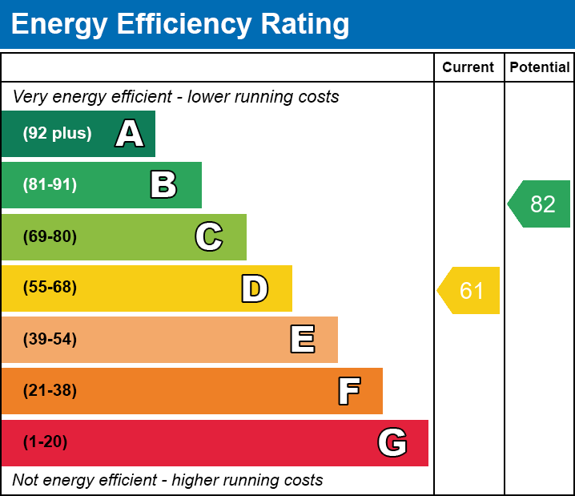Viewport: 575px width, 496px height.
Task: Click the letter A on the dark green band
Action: coord(130,134)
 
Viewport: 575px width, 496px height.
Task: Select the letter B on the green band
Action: coord(163,185)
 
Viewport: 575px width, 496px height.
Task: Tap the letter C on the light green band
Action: coord(209,236)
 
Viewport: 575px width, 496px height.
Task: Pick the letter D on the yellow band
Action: coord(255,288)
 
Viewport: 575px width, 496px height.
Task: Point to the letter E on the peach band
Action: coord(302,340)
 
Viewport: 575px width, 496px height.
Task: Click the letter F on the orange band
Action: coord(348,391)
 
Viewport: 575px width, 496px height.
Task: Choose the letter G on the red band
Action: coord(392,442)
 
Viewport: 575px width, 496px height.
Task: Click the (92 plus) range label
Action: coord(57,134)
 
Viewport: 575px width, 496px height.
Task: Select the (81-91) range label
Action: coord(50,185)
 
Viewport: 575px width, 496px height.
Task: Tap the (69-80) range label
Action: coord(50,236)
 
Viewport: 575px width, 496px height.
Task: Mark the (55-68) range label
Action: coord(50,288)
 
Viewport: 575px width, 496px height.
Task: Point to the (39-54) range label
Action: coord(50,340)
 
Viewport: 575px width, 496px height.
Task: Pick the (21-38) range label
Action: coord(50,391)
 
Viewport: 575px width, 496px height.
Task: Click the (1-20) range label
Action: coord(45,442)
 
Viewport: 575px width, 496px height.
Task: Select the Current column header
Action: coord(468,68)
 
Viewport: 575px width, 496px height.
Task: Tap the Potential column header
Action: coord(540,68)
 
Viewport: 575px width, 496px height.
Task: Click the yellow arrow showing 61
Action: coord(470,290)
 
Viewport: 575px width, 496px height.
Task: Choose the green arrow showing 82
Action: coord(541,204)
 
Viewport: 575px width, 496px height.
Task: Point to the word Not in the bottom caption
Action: coord(26,481)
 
